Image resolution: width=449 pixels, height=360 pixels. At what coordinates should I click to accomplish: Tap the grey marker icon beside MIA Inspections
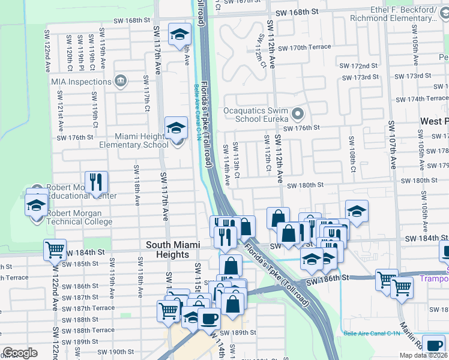tap(120, 80)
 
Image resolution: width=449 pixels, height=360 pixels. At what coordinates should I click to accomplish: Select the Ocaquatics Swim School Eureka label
tap(257, 115)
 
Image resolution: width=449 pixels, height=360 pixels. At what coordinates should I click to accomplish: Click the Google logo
tap(20, 353)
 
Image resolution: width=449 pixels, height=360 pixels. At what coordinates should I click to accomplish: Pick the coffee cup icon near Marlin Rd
tap(433, 344)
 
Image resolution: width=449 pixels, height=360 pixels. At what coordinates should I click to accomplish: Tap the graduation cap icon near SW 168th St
tap(179, 35)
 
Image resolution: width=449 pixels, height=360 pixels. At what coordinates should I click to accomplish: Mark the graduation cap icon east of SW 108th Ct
tap(357, 211)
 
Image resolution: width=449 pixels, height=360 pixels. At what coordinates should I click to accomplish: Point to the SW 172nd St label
tap(358, 65)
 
